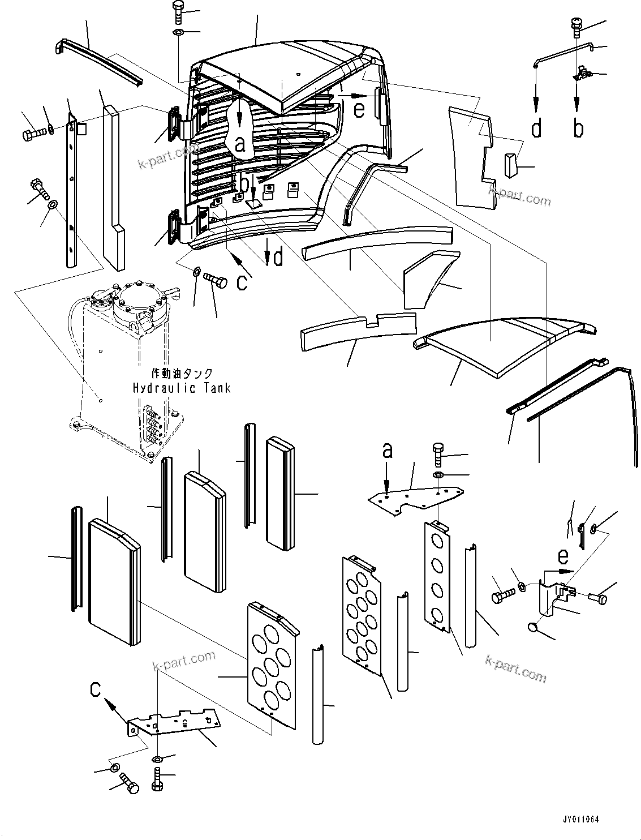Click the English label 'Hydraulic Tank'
click(182, 388)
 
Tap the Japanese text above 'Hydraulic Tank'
click(182, 374)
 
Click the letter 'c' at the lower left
click(97, 689)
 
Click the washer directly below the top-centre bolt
click(177, 32)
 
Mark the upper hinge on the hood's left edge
click(174, 123)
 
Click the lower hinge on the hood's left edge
click(173, 228)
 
